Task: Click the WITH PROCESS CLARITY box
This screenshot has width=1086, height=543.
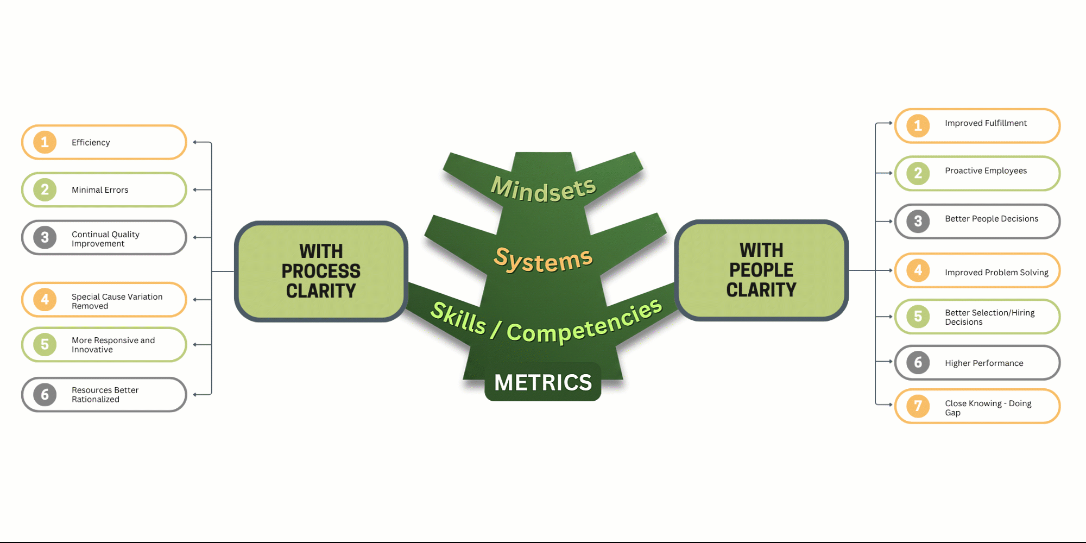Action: [321, 271]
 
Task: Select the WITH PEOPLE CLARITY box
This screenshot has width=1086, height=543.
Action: [761, 270]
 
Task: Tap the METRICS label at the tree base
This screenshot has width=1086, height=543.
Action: [543, 382]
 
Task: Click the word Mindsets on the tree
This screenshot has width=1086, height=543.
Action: [543, 189]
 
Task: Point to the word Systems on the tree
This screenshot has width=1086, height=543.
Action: [543, 260]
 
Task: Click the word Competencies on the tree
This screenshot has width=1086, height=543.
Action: [584, 324]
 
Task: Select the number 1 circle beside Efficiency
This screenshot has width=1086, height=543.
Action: [45, 142]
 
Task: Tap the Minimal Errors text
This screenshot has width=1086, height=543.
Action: [100, 190]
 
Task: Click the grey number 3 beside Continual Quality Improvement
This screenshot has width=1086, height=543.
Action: [45, 237]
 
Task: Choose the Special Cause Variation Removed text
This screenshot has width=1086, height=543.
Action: [117, 301]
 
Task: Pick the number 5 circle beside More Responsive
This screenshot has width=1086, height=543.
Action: [45, 344]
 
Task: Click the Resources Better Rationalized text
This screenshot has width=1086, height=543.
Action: [105, 395]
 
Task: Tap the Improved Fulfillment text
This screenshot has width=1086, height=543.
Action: [986, 123]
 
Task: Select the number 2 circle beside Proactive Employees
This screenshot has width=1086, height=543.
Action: [918, 173]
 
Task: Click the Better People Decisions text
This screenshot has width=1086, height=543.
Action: [992, 219]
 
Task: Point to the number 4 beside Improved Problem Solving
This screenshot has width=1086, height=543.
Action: [918, 270]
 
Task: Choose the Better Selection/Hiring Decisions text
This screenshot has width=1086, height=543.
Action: [989, 317]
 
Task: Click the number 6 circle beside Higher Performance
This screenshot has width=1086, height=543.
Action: [918, 362]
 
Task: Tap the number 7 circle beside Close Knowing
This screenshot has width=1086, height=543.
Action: [918, 406]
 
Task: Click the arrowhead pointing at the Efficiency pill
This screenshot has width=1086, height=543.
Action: [195, 142]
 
